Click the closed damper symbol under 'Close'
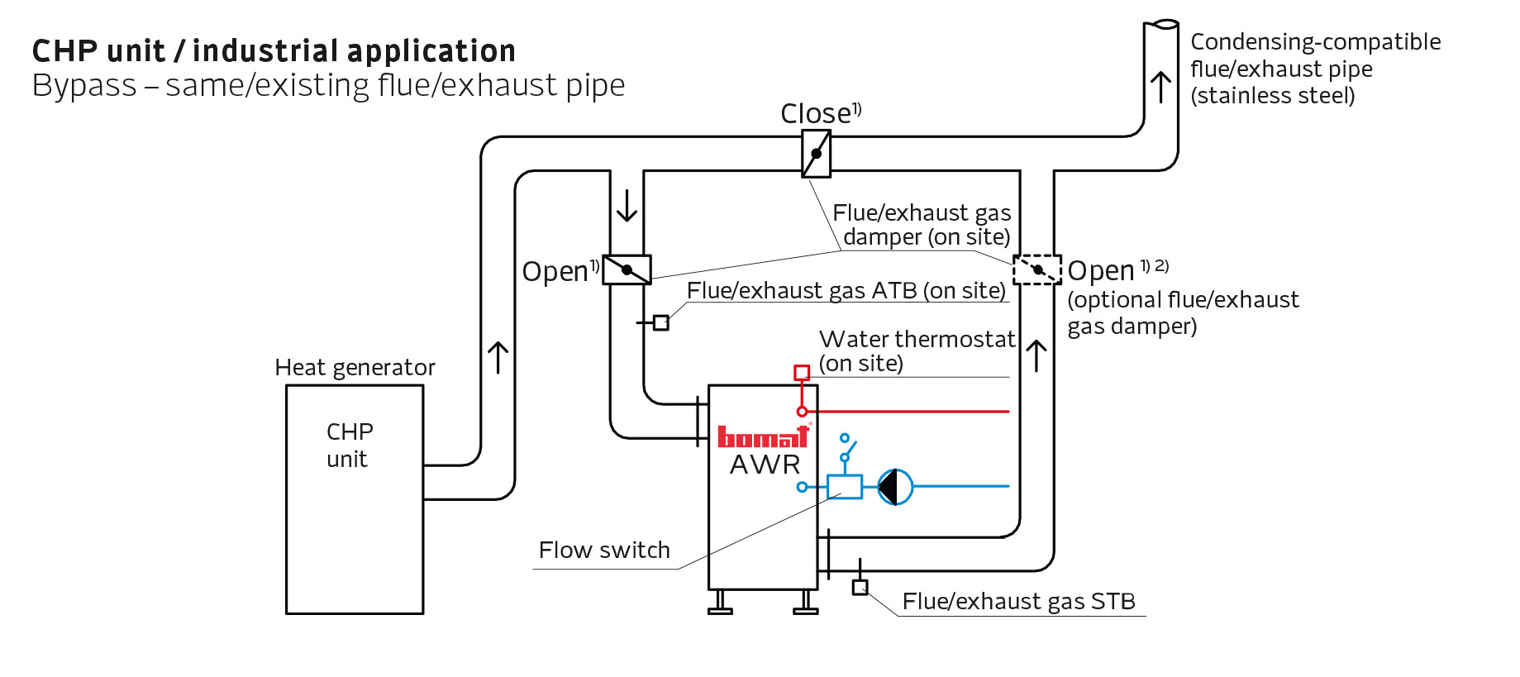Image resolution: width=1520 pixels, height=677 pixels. [x=816, y=154]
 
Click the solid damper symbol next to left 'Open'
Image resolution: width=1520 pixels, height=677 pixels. [x=627, y=269]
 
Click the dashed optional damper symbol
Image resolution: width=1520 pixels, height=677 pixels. [x=1036, y=269]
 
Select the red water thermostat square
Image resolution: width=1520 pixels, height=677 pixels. [x=801, y=373]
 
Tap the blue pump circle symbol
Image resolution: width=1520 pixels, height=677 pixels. [x=895, y=487]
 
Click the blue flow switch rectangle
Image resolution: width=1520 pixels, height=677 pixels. [x=844, y=487]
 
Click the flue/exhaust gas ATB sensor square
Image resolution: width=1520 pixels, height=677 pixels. [x=660, y=322]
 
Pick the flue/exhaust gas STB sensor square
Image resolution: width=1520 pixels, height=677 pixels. [x=860, y=588]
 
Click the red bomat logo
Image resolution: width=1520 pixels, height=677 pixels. [x=762, y=436]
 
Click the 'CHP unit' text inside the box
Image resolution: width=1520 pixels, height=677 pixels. [x=349, y=446]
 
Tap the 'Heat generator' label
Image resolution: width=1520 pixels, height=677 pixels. [x=355, y=367]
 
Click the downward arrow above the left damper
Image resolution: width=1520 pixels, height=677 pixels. [x=627, y=206]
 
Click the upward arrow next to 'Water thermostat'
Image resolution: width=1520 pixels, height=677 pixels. [x=1036, y=356]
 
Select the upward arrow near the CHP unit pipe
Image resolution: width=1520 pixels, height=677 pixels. [x=498, y=358]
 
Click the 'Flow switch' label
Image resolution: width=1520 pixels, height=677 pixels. [x=604, y=551]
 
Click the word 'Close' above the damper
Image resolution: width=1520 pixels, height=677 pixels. [x=815, y=114]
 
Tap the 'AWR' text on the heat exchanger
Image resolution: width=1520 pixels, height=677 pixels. [x=765, y=465]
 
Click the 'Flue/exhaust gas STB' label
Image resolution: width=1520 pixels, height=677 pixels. [x=1018, y=602]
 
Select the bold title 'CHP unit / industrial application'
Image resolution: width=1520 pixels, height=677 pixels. [x=274, y=51]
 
